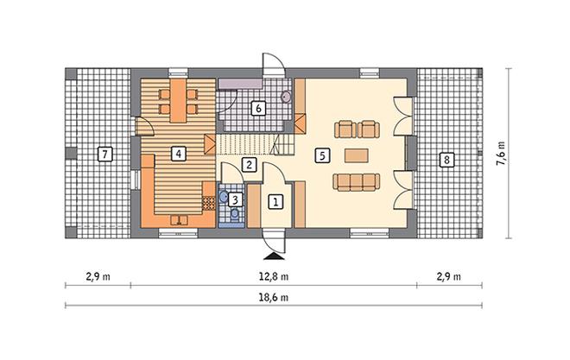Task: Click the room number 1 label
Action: tap(275, 202)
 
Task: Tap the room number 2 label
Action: tap(249, 165)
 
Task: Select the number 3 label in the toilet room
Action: tap(235, 199)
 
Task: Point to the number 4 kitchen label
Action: tap(179, 154)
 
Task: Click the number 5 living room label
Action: tap(322, 156)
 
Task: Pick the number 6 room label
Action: tap(258, 108)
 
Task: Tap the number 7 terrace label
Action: tap(105, 155)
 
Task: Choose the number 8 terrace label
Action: tap(446, 160)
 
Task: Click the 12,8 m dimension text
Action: tap(274, 277)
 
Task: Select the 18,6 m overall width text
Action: tap(274, 298)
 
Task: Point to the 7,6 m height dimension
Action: tap(501, 154)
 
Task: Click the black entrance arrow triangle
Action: tap(274, 256)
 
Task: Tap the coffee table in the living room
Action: tap(357, 155)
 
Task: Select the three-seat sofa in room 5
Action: tap(356, 182)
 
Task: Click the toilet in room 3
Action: tap(235, 213)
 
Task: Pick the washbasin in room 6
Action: tap(286, 97)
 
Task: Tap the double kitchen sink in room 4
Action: tap(180, 220)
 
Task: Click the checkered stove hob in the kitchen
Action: tap(209, 203)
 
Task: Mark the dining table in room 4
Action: tap(178, 100)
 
